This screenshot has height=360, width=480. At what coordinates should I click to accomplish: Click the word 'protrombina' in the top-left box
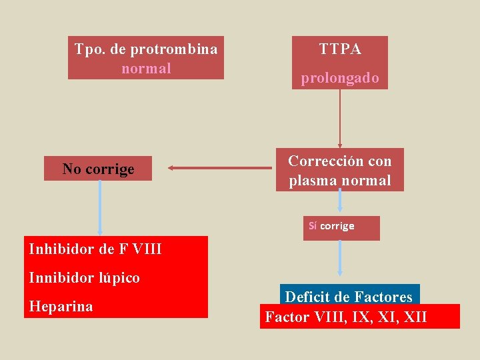point(174,49)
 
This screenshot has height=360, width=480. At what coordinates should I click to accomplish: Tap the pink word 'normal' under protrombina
point(146,68)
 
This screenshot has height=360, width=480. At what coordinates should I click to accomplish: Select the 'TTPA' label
point(340,49)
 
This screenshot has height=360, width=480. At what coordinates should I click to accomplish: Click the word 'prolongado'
point(340,78)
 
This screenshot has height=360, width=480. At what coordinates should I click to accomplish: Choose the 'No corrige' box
point(98,169)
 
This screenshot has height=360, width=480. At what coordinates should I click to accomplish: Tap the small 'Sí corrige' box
point(341,226)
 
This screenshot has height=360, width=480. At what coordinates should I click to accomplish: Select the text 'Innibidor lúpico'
point(85,277)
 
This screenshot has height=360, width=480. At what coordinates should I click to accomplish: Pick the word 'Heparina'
point(61,306)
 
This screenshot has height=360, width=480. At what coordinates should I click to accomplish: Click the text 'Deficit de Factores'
point(349,297)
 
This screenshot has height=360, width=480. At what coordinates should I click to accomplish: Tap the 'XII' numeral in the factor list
point(415,317)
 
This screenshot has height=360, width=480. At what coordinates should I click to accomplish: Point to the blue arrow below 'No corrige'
point(100,207)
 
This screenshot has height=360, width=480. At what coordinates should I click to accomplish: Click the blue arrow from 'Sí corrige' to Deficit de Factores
point(340,257)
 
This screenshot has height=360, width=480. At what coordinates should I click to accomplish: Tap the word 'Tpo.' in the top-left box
point(89,49)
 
